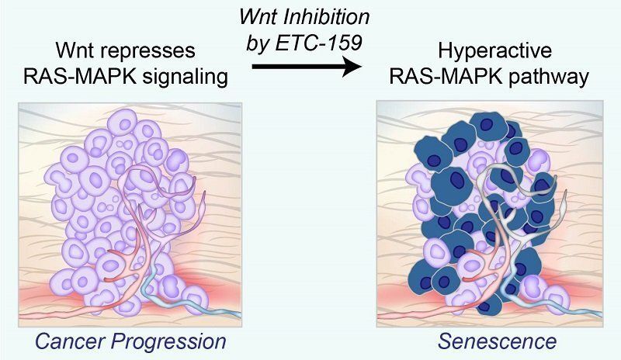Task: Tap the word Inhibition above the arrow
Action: click(328, 18)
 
